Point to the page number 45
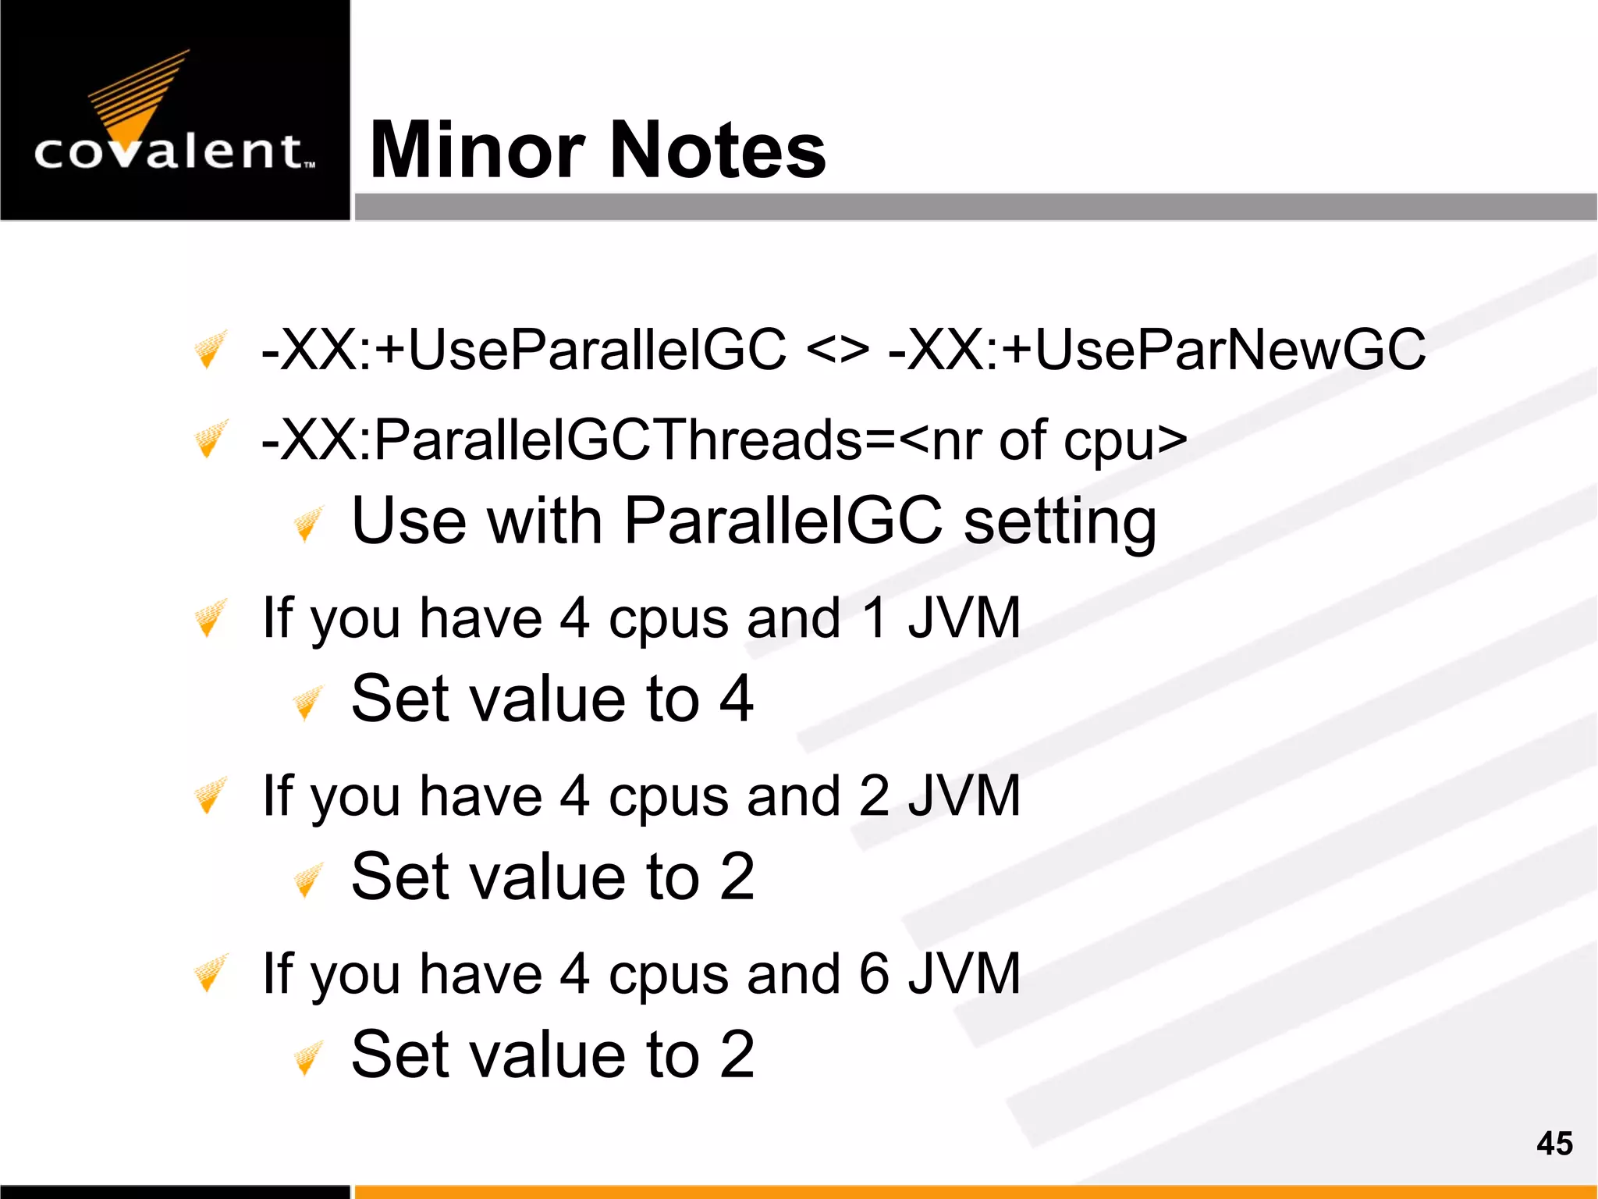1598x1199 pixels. point(1554,1144)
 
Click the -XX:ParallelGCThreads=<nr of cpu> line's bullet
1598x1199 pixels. point(210,439)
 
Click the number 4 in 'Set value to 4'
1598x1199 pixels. point(736,699)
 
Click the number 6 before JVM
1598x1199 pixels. point(875,974)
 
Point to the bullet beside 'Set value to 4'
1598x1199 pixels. point(308,703)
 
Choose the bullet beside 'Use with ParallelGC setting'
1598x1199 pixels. point(308,524)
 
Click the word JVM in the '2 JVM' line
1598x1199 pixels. point(964,796)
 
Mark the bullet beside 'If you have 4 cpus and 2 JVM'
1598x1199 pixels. point(210,795)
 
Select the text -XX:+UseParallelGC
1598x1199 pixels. point(524,349)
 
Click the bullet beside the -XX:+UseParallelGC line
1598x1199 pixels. point(210,349)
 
